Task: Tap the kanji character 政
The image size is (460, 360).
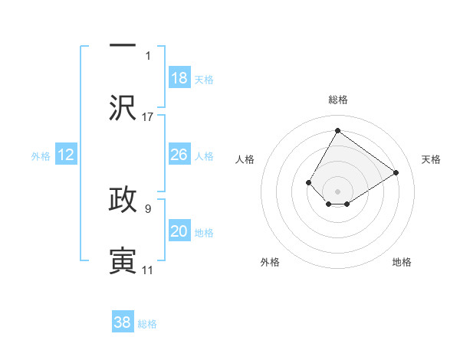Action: point(123,198)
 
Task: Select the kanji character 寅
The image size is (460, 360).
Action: point(123,260)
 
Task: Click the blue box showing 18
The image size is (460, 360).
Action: point(179,78)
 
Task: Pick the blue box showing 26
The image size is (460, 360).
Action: point(179,155)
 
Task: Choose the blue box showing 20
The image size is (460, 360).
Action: point(179,231)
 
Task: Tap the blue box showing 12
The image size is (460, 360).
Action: point(66,155)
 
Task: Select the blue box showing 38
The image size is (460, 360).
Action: point(123,322)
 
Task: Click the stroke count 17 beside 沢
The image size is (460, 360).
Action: point(148,117)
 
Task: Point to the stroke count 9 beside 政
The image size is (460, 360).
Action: point(148,206)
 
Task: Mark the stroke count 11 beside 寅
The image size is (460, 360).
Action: point(147,270)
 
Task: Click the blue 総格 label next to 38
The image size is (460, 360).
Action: point(147,324)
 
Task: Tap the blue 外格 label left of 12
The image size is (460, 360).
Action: point(41,156)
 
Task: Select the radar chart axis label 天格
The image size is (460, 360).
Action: point(431,159)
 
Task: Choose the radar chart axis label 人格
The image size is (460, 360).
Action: point(245,159)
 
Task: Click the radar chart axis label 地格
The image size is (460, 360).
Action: point(402,262)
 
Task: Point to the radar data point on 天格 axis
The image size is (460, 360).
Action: point(396,172)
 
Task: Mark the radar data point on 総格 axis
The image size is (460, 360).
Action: point(337,130)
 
